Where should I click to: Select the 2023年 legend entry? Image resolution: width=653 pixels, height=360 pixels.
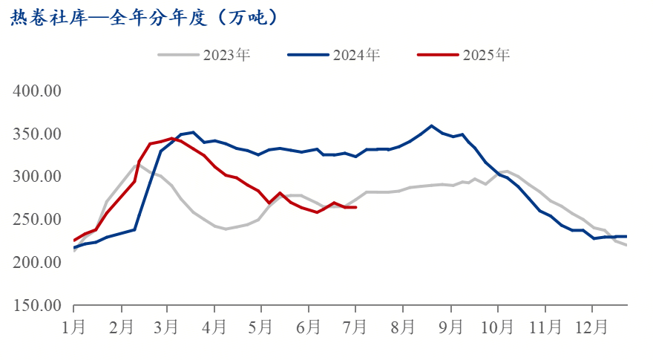point(205,54)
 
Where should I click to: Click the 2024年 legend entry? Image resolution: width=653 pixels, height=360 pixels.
point(335,54)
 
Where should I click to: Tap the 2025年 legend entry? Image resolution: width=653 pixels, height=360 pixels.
point(465,54)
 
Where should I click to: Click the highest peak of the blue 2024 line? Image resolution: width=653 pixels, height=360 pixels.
point(431,125)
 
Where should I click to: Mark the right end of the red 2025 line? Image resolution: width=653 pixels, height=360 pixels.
point(355,207)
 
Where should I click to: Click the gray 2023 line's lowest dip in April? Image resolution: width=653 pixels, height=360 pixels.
point(226,229)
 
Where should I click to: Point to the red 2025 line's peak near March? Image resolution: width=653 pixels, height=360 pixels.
point(172,138)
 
